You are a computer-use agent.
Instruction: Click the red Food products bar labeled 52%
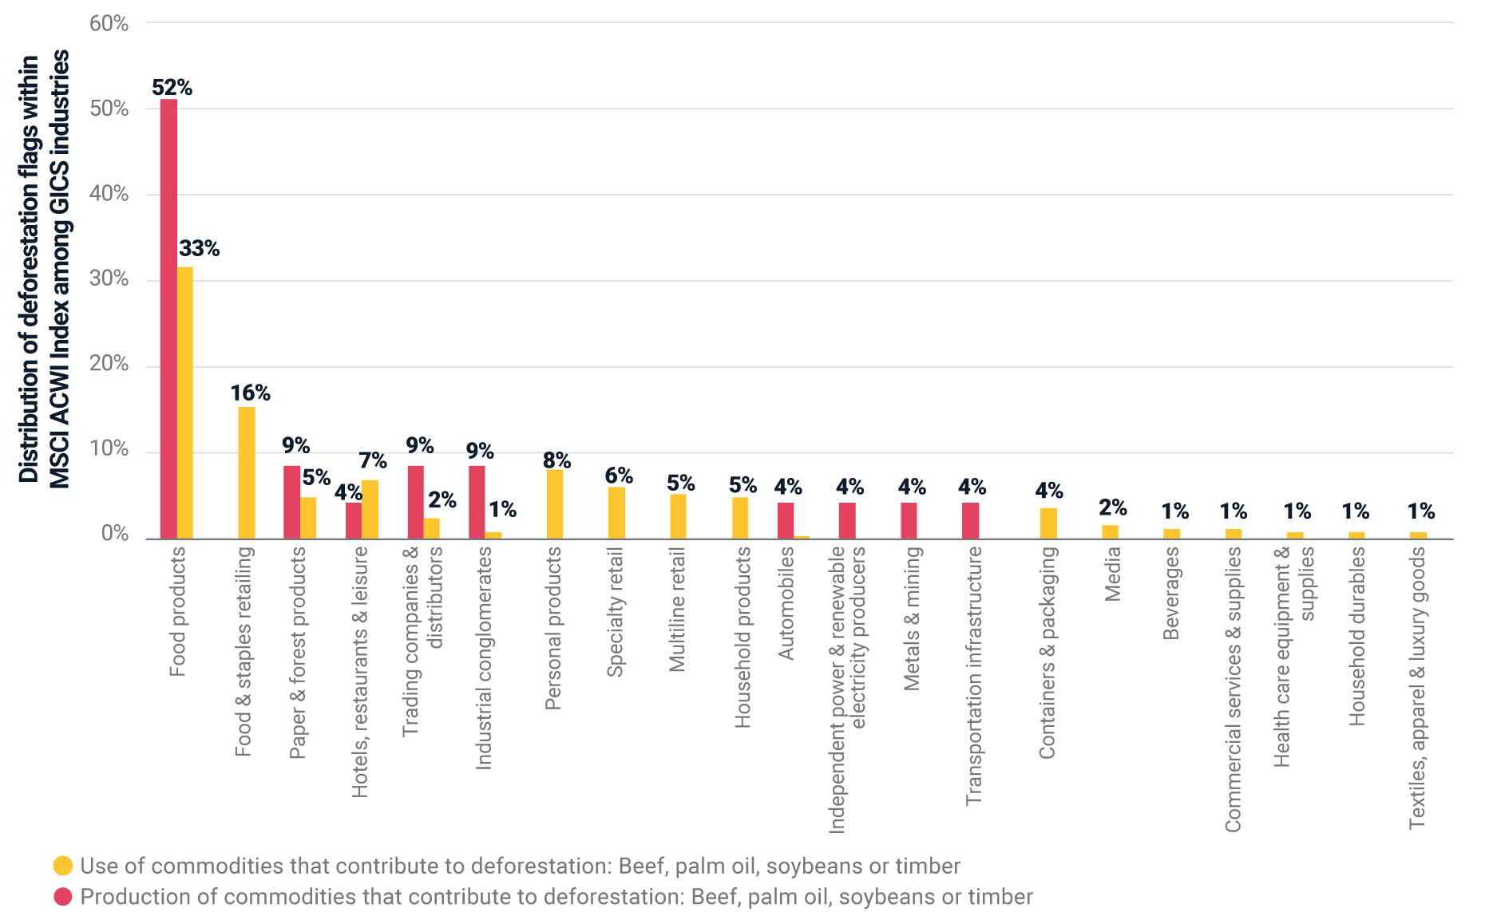point(168,319)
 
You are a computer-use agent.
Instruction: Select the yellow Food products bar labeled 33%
point(185,403)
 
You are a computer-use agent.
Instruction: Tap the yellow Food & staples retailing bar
point(247,472)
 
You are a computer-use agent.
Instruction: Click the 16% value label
point(250,393)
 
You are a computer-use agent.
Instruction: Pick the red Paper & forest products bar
point(292,502)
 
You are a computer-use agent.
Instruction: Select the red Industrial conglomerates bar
point(477,502)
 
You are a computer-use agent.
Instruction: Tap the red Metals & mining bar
point(909,520)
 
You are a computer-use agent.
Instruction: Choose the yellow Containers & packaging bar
point(1048,523)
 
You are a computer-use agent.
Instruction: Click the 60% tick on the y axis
point(109,23)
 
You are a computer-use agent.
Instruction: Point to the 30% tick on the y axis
point(109,278)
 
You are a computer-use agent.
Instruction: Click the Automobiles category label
point(786,603)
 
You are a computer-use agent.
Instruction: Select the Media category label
point(1112,574)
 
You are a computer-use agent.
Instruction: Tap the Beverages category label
point(1170,594)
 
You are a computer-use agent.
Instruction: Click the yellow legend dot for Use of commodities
point(62,866)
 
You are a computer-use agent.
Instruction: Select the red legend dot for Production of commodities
point(62,896)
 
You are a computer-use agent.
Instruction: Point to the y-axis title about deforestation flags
point(44,269)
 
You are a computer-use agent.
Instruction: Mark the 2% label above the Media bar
point(1112,507)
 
